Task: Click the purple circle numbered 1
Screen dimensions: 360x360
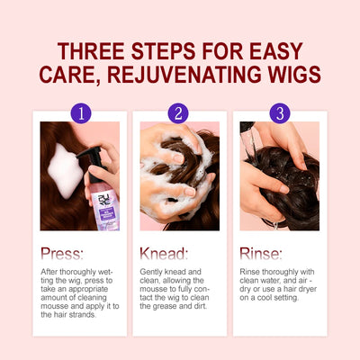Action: (81, 113)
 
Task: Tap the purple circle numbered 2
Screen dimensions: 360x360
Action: (180, 113)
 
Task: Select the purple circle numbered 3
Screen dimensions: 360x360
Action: (280, 113)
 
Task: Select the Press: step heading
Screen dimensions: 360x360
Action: (62, 255)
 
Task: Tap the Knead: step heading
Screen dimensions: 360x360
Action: (163, 255)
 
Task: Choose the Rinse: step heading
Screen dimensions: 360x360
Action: (262, 255)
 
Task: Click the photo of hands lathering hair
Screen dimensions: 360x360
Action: (180, 175)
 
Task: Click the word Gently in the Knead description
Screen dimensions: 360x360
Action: (152, 270)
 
